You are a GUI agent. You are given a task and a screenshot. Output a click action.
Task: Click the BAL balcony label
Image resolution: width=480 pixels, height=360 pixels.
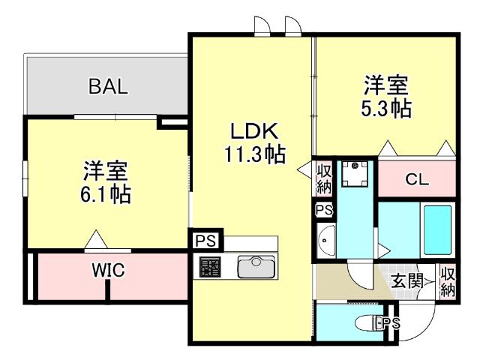[x=108, y=86]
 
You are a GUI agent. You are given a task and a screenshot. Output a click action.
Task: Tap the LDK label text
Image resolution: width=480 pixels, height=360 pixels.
[x=254, y=131]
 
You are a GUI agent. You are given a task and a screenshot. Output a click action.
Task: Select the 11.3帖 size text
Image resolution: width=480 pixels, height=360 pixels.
[x=255, y=154]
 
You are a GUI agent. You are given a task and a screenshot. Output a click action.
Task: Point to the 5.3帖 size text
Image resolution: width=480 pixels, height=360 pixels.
[x=386, y=108]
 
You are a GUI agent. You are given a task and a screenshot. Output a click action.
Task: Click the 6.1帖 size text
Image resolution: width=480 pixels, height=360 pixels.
[x=106, y=194]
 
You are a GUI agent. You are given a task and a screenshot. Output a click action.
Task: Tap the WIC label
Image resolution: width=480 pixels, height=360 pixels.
[x=108, y=270]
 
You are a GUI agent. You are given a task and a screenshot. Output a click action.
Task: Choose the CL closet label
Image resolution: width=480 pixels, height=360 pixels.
[x=417, y=179]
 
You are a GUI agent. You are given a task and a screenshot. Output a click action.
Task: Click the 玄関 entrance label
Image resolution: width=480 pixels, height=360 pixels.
[x=407, y=280]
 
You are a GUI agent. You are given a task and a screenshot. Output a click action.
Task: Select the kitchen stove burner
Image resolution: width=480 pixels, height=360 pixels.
[x=210, y=267]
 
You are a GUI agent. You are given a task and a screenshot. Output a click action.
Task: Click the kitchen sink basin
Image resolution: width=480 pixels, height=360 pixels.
[x=256, y=267]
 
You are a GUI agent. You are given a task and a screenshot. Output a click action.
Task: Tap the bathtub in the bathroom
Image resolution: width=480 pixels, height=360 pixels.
[x=438, y=230]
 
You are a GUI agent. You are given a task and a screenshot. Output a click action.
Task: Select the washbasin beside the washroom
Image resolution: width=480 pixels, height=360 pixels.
[x=326, y=240]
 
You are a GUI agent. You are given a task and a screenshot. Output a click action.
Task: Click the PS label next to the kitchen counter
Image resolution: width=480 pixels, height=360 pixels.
[x=205, y=241]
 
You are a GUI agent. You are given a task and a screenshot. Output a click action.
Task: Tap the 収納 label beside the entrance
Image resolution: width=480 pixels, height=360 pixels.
[x=448, y=282]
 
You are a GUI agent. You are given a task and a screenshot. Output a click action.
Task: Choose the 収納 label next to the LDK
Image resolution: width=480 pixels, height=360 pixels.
[x=324, y=179]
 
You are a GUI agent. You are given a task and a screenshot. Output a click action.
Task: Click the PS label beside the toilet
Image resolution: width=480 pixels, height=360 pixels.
[x=391, y=323]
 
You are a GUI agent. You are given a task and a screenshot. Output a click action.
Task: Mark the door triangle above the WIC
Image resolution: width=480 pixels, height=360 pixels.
[x=96, y=239]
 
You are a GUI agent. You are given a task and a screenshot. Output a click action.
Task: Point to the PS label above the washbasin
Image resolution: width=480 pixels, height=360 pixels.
[x=324, y=210]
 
